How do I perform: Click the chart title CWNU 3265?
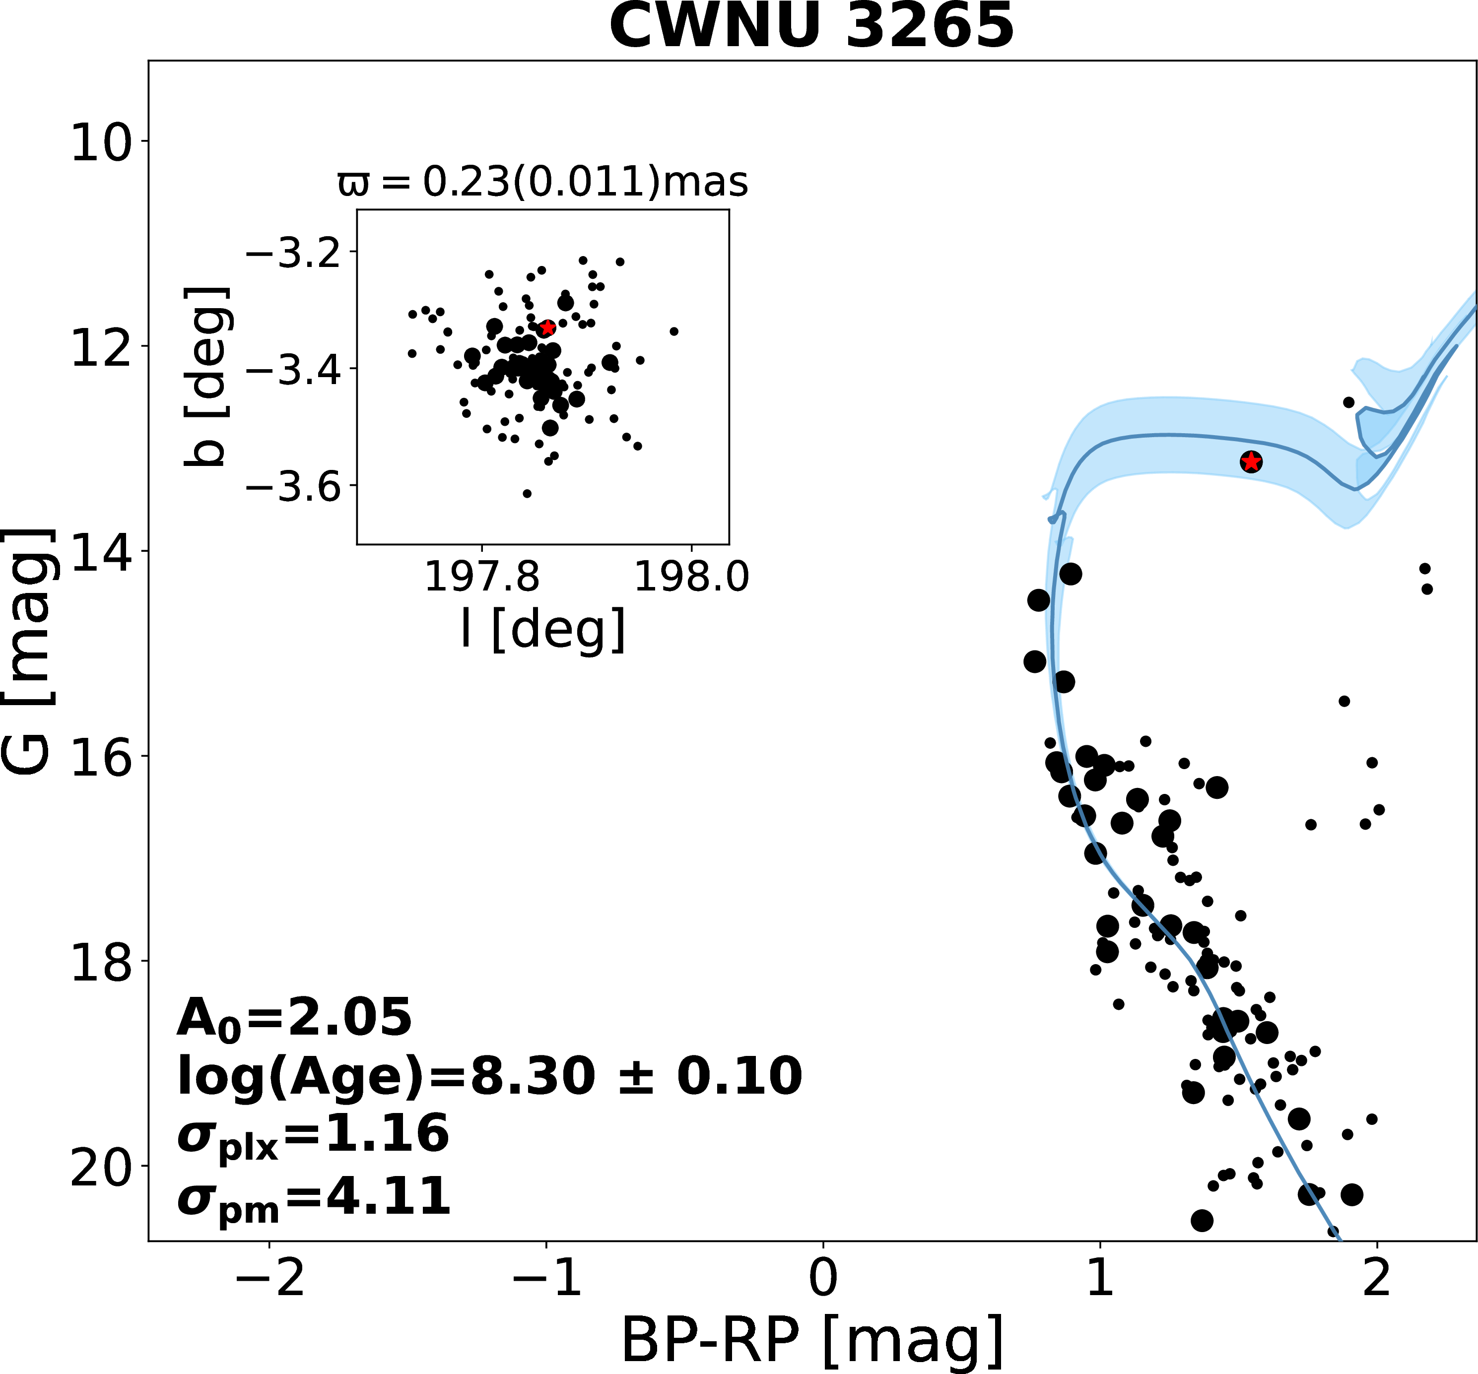tap(812, 25)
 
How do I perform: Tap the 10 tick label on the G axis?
tap(99, 142)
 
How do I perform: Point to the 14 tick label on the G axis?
tap(99, 551)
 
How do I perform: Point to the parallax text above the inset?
tap(543, 182)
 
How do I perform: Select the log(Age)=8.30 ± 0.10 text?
tap(489, 1076)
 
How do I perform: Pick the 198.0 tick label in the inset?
tap(691, 578)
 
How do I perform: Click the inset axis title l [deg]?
tap(543, 630)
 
